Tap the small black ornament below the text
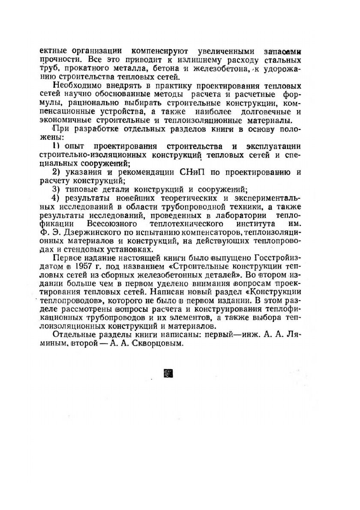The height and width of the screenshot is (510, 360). (x=169, y=374)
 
